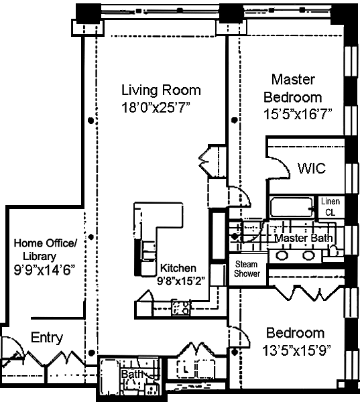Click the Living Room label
161,90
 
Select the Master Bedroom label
293,88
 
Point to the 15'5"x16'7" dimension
298,114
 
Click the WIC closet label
312,168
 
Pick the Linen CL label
331,206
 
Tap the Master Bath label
304,238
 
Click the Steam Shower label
247,269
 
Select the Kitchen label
178,268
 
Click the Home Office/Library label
45,249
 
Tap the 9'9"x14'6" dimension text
44,270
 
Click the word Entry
47,338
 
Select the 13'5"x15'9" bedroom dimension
296,350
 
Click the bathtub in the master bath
292,207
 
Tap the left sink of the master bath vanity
282,255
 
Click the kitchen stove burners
181,308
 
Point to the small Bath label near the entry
131,374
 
